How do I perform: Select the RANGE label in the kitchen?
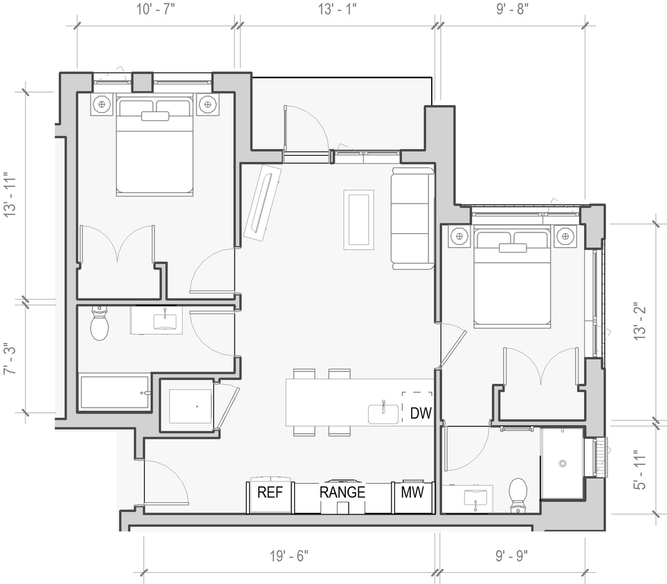pos(342,493)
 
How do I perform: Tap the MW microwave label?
pos(412,493)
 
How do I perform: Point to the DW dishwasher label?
pos(420,414)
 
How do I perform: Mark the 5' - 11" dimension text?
pos(640,471)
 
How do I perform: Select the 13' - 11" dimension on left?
pos(10,195)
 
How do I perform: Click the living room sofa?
pos(412,218)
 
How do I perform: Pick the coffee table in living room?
pos(359,219)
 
